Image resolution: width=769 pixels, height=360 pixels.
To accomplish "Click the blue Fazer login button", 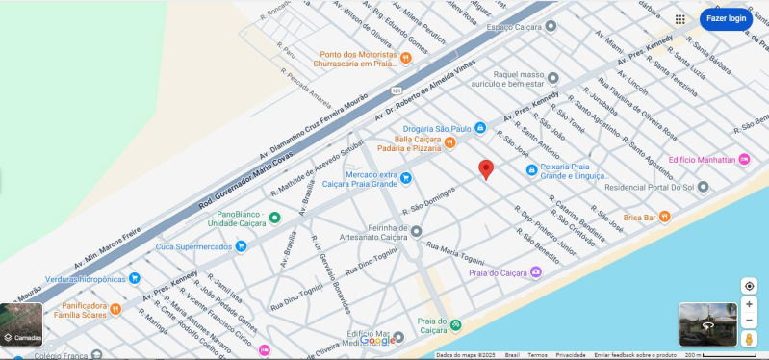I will point(726,18).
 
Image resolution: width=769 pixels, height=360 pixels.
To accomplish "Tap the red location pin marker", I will point(486,169).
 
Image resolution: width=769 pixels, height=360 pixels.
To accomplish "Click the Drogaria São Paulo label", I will point(437,128).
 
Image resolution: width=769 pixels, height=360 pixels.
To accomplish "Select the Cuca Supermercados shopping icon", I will point(241,246).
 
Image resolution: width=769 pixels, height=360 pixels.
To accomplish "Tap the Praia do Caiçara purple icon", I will point(536,273).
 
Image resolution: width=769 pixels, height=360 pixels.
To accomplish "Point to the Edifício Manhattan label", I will point(701,159).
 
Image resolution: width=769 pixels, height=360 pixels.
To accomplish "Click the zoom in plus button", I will point(749,304).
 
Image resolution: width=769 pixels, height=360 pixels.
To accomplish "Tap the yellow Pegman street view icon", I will point(749,339).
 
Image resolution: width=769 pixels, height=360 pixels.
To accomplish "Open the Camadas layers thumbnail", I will point(21,324).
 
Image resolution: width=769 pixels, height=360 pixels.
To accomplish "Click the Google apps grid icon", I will point(680,18).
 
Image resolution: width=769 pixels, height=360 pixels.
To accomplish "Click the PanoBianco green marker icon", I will point(274,218).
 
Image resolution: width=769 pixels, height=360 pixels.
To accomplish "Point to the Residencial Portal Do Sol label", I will point(649,186).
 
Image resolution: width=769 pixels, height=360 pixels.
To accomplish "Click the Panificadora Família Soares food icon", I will point(115,309).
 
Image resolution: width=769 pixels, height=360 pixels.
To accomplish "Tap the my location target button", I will point(749,286).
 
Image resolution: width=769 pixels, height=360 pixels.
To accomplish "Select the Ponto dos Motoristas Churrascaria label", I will point(358,59).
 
